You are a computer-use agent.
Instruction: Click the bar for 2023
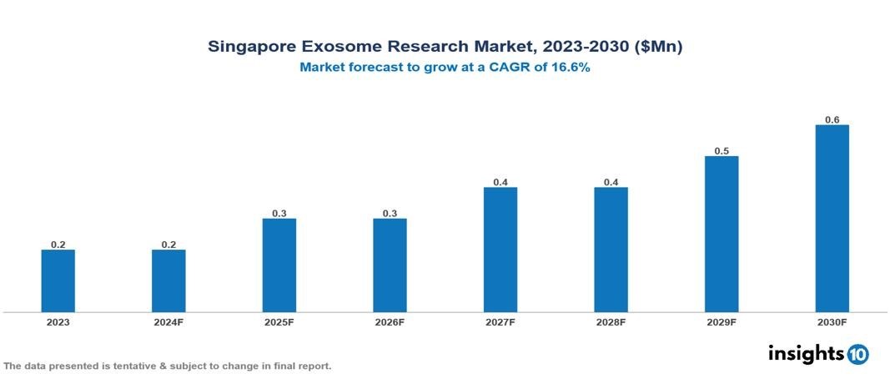click(x=58, y=280)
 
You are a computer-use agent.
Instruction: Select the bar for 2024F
click(x=168, y=280)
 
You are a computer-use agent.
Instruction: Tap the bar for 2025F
click(x=279, y=265)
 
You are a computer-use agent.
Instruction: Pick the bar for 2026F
click(x=390, y=265)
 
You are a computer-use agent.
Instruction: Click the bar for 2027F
click(x=500, y=250)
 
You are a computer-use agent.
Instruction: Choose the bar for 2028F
click(x=611, y=250)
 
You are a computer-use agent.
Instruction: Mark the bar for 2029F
click(x=722, y=234)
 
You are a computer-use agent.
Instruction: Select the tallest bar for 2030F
click(x=832, y=219)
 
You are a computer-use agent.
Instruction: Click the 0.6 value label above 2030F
click(x=832, y=119)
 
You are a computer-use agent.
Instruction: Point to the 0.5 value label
click(x=722, y=151)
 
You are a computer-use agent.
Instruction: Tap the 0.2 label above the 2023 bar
click(x=58, y=245)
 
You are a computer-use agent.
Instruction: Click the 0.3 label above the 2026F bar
click(x=390, y=214)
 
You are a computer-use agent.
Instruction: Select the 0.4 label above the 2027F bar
click(x=500, y=182)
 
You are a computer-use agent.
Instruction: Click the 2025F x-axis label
click(x=279, y=322)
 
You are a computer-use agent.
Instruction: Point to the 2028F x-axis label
click(x=611, y=322)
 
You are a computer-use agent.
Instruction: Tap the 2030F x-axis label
click(x=832, y=322)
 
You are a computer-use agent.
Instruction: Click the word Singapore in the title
click(x=251, y=48)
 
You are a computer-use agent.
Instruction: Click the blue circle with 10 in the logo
click(x=857, y=354)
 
